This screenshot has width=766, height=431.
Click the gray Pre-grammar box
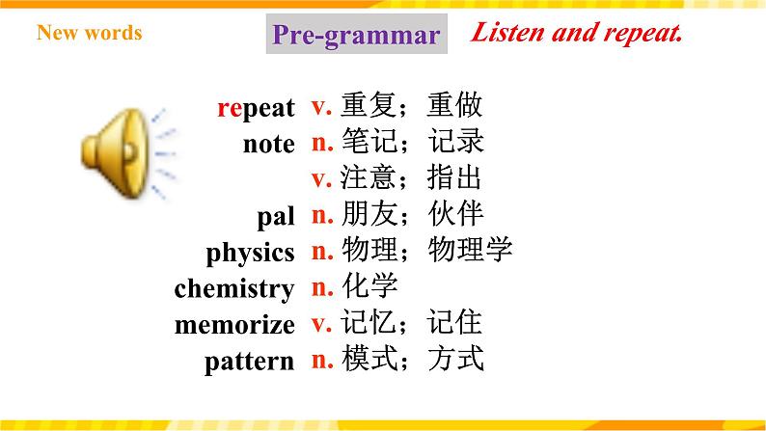tap(355, 36)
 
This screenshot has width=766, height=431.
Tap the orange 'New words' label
tap(89, 33)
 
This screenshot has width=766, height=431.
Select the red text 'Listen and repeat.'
tap(577, 34)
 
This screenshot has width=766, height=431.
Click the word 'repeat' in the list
tap(256, 108)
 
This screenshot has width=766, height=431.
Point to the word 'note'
tap(268, 145)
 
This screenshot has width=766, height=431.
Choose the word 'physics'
tap(250, 254)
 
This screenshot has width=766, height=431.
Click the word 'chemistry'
tap(234, 288)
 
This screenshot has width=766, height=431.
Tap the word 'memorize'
tap(234, 325)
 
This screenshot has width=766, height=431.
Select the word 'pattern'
tap(249, 362)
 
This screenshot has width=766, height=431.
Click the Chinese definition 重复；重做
tap(412, 106)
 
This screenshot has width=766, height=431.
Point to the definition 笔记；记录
tap(412, 142)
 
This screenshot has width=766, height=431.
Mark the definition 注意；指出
tap(412, 178)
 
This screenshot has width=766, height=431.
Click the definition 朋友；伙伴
tap(412, 214)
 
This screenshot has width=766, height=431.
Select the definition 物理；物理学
tap(426, 251)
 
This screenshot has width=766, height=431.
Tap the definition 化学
tap(369, 286)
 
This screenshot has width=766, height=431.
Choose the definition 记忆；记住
tap(412, 323)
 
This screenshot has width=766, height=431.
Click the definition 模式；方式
tap(412, 360)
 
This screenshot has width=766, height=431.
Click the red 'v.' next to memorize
tap(321, 323)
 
